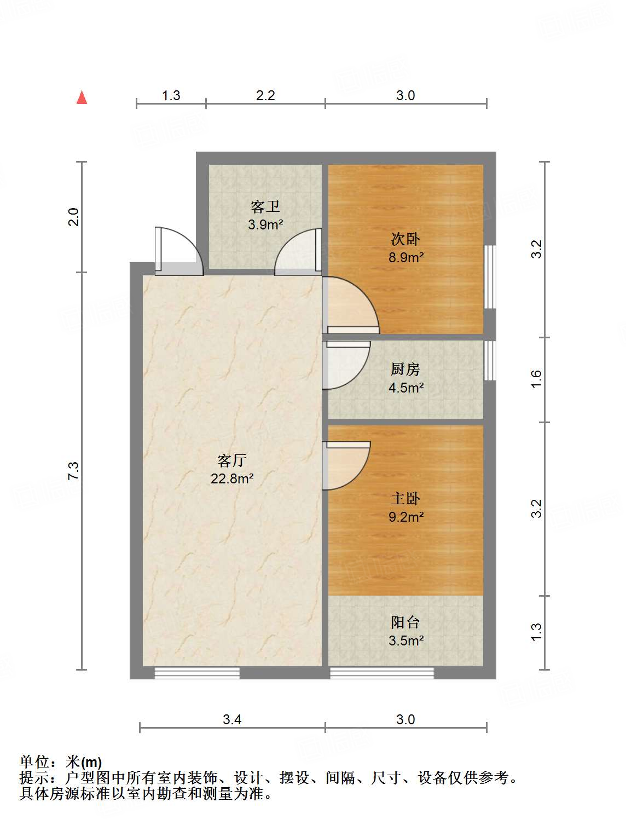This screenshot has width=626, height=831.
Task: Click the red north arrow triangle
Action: (82, 97)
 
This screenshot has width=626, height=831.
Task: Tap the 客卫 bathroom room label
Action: (265, 207)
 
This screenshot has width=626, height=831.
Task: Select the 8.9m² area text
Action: (405, 257)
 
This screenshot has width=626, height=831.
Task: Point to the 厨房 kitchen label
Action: (405, 369)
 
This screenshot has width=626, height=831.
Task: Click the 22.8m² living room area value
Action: (231, 478)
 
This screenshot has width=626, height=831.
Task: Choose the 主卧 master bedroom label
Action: (405, 499)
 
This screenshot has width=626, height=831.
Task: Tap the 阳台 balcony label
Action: (405, 622)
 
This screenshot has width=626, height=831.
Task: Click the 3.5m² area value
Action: (405, 640)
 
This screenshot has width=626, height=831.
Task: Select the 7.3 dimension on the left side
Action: (73, 471)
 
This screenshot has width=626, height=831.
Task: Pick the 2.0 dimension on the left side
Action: (73, 217)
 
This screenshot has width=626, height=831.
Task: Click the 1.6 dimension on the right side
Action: (536, 379)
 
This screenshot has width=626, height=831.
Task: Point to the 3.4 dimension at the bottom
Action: (232, 720)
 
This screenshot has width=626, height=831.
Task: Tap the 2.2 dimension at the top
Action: (265, 95)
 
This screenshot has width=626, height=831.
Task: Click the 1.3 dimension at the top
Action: (171, 95)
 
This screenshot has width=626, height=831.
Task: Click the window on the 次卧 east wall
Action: (490, 277)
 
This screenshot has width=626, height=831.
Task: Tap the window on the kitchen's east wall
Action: (490, 361)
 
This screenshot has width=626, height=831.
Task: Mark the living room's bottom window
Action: (197, 673)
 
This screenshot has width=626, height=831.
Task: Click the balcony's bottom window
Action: (382, 673)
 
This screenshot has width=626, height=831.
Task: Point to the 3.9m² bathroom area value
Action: (265, 225)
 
